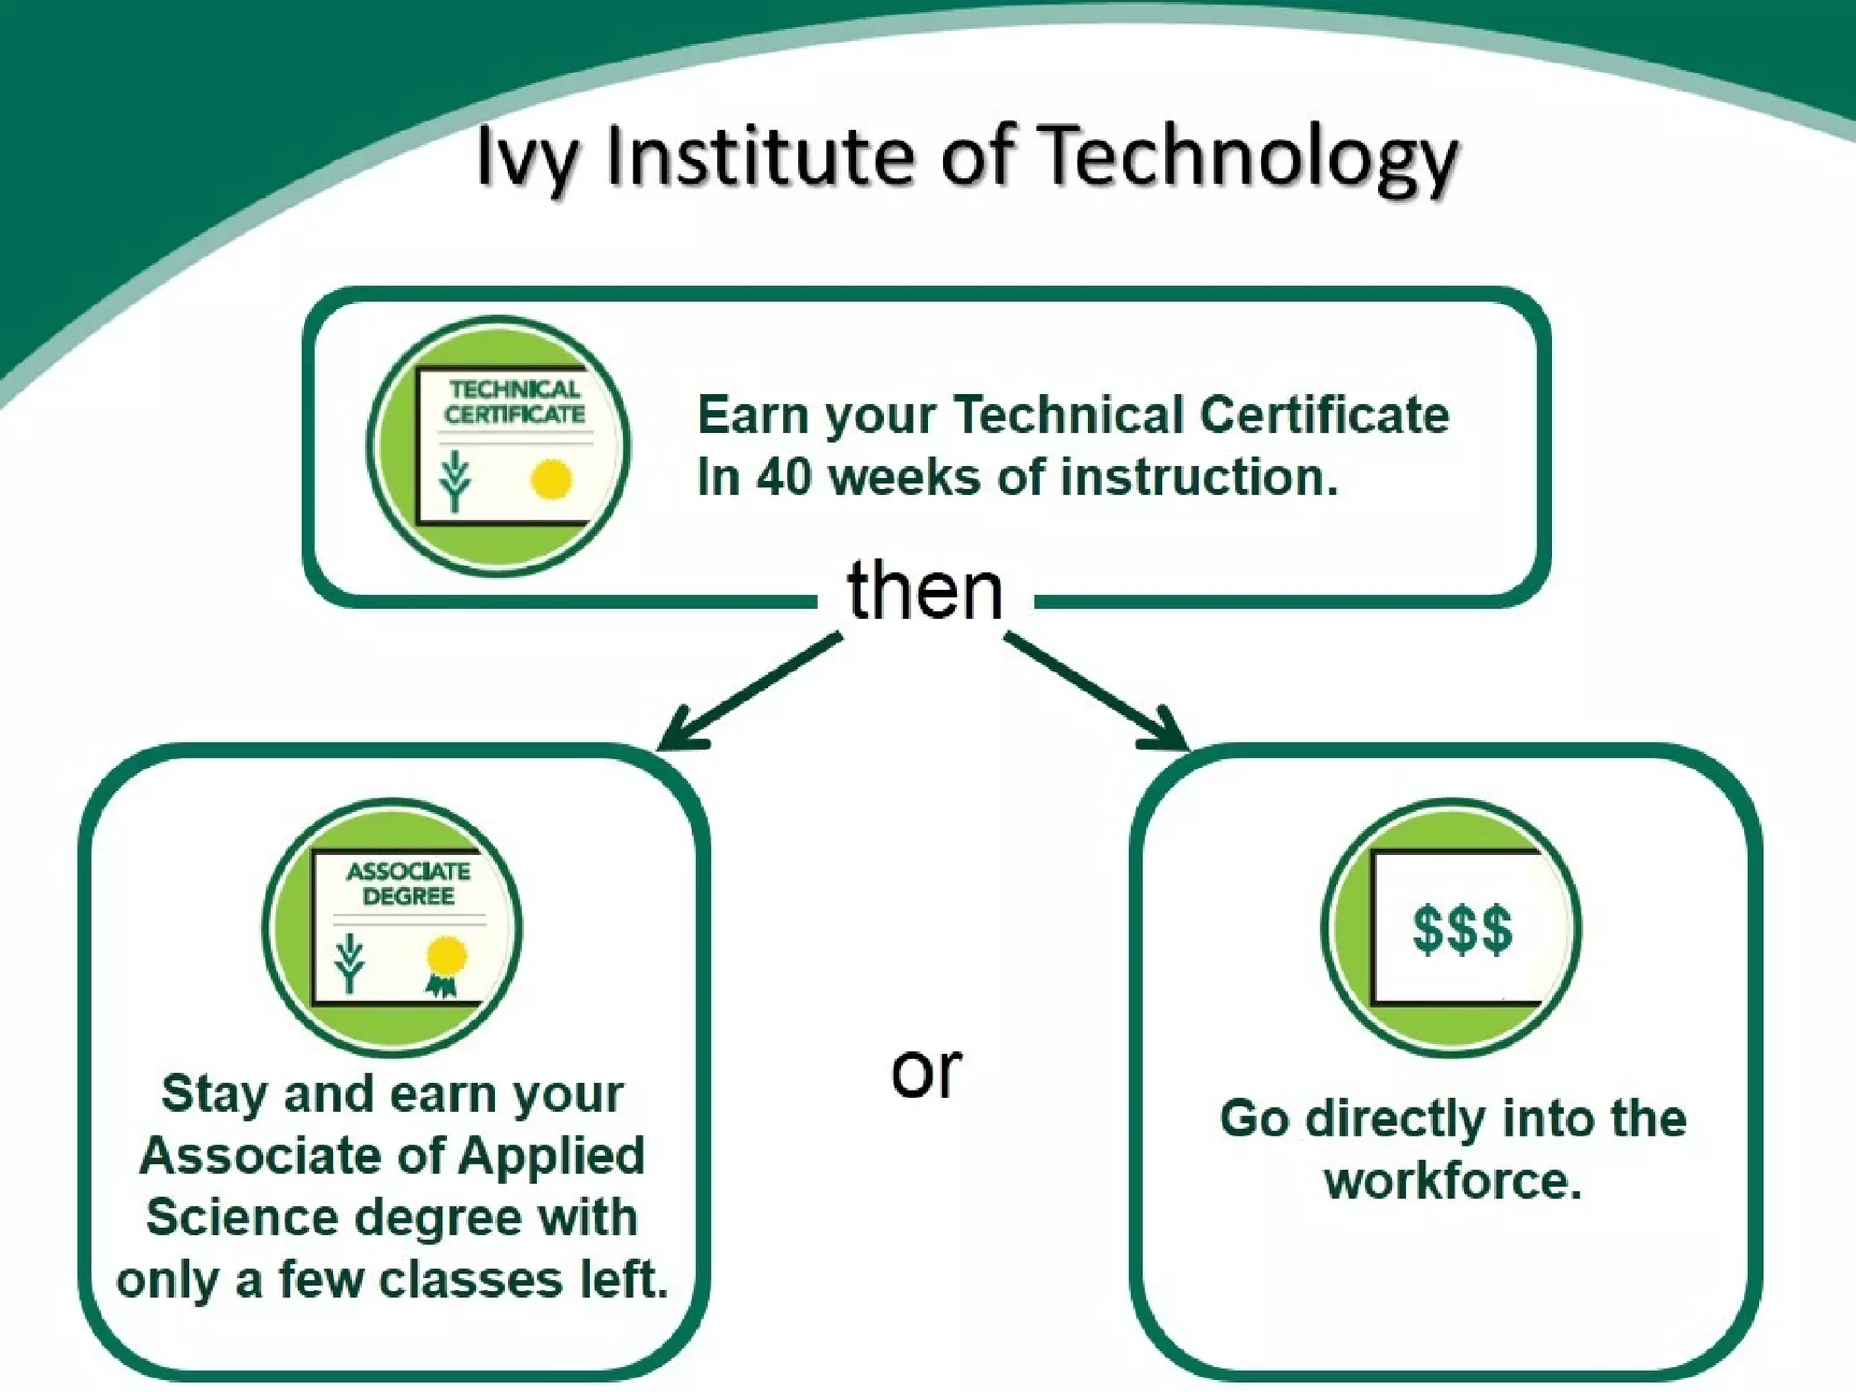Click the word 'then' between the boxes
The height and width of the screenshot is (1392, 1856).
(925, 591)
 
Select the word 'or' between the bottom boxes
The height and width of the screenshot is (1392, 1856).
(925, 1072)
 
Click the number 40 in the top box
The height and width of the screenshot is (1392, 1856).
(784, 477)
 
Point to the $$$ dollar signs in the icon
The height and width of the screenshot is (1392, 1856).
(1462, 929)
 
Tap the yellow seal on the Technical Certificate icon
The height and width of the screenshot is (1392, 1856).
(550, 479)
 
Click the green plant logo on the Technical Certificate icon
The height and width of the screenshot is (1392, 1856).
(456, 480)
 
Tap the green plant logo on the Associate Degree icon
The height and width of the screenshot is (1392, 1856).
(350, 963)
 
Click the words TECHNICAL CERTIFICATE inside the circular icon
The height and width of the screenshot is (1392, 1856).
(514, 401)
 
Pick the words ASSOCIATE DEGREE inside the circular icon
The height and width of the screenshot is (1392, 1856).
(408, 884)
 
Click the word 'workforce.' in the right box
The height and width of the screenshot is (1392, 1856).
(1452, 1181)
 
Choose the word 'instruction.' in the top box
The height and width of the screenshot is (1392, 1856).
(1198, 477)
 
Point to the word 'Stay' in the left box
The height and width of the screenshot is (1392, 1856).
(215, 1093)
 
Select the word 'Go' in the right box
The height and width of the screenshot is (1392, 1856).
(1253, 1118)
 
